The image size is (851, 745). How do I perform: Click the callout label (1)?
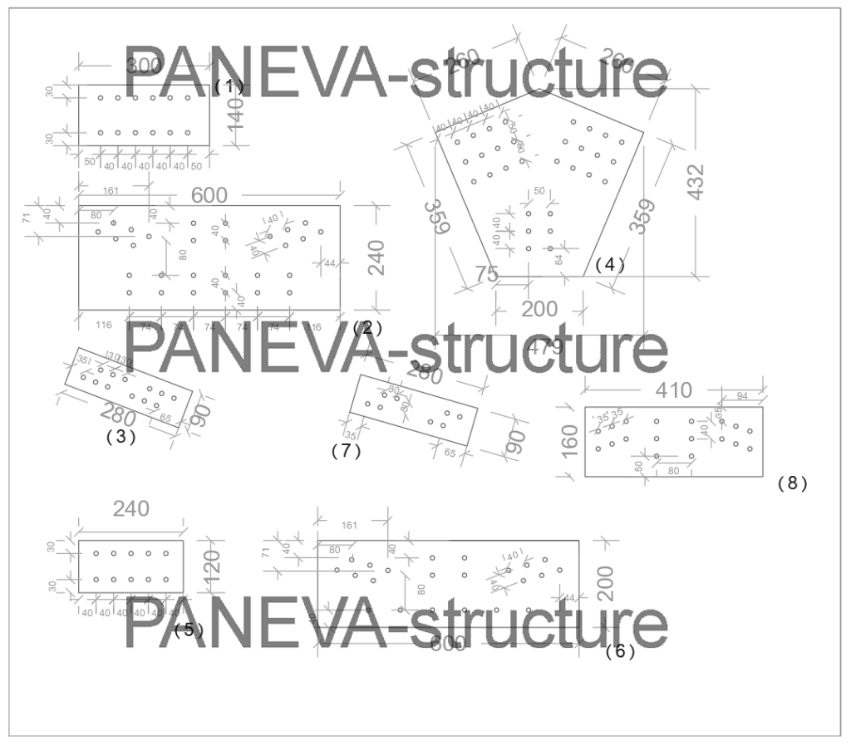pos(229,86)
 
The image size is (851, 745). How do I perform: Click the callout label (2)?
pos(366,327)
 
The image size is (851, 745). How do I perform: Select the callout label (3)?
pos(121,436)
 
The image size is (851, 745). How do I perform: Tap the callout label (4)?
pos(609,265)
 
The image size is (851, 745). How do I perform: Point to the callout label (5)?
pos(189,630)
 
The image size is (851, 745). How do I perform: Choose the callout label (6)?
pos(620,652)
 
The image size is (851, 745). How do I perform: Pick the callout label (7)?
pos(346,451)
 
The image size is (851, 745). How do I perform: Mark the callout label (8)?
pos(792,483)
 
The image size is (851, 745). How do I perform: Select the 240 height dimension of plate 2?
pos(376,258)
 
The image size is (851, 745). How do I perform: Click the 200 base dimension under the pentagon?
pos(539,309)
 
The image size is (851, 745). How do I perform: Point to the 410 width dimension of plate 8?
pos(673,390)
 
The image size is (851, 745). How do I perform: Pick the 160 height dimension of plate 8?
pos(570,442)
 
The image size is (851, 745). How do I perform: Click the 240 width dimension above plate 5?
pos(131,509)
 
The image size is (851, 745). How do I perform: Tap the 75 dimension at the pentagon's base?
pos(486,273)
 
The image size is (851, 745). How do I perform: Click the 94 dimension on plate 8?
pos(743,395)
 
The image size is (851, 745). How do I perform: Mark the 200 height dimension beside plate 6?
pos(606,584)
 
